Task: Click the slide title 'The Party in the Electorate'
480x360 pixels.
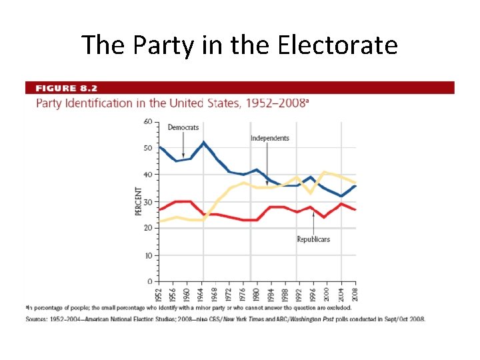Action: (x=239, y=45)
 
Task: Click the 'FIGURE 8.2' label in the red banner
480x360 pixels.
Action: (x=67, y=88)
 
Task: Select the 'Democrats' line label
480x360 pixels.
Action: (x=183, y=127)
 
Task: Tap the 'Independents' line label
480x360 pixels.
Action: (x=269, y=138)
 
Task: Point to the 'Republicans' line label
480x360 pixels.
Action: (x=313, y=239)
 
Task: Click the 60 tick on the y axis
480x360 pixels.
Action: (x=148, y=121)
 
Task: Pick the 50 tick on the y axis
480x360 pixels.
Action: (x=148, y=148)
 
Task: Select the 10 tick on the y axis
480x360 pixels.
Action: (x=148, y=255)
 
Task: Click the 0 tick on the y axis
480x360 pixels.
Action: (x=150, y=282)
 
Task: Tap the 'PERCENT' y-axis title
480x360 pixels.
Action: (x=139, y=201)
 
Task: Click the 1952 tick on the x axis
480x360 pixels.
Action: (x=159, y=293)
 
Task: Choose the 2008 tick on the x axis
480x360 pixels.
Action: (x=355, y=293)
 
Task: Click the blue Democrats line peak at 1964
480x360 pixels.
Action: (x=204, y=142)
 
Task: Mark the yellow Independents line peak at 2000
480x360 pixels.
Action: (x=324, y=172)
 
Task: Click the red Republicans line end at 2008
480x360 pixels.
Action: (x=355, y=209)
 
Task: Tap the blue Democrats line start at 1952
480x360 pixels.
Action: (x=159, y=147)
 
